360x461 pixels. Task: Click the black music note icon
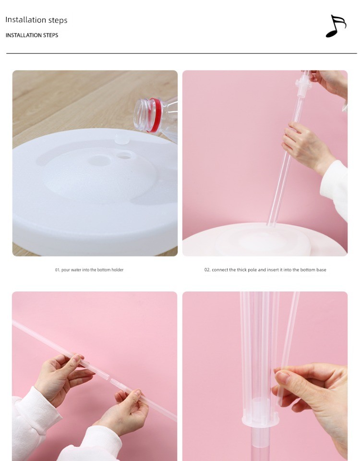[x=336, y=26]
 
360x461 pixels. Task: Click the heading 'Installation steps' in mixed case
[x=36, y=20]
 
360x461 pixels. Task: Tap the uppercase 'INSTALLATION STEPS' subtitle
[x=32, y=35]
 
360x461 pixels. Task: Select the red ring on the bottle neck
[x=155, y=115]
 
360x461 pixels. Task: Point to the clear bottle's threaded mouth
[x=141, y=114]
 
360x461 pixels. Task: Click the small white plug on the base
[x=121, y=139]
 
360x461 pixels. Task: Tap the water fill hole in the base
[x=125, y=155]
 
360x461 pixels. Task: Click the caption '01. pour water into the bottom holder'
[x=89, y=270]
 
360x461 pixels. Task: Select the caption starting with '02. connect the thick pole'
[x=265, y=270]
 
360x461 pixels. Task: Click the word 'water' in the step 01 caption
[x=75, y=270]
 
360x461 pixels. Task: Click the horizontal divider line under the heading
[x=181, y=53]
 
